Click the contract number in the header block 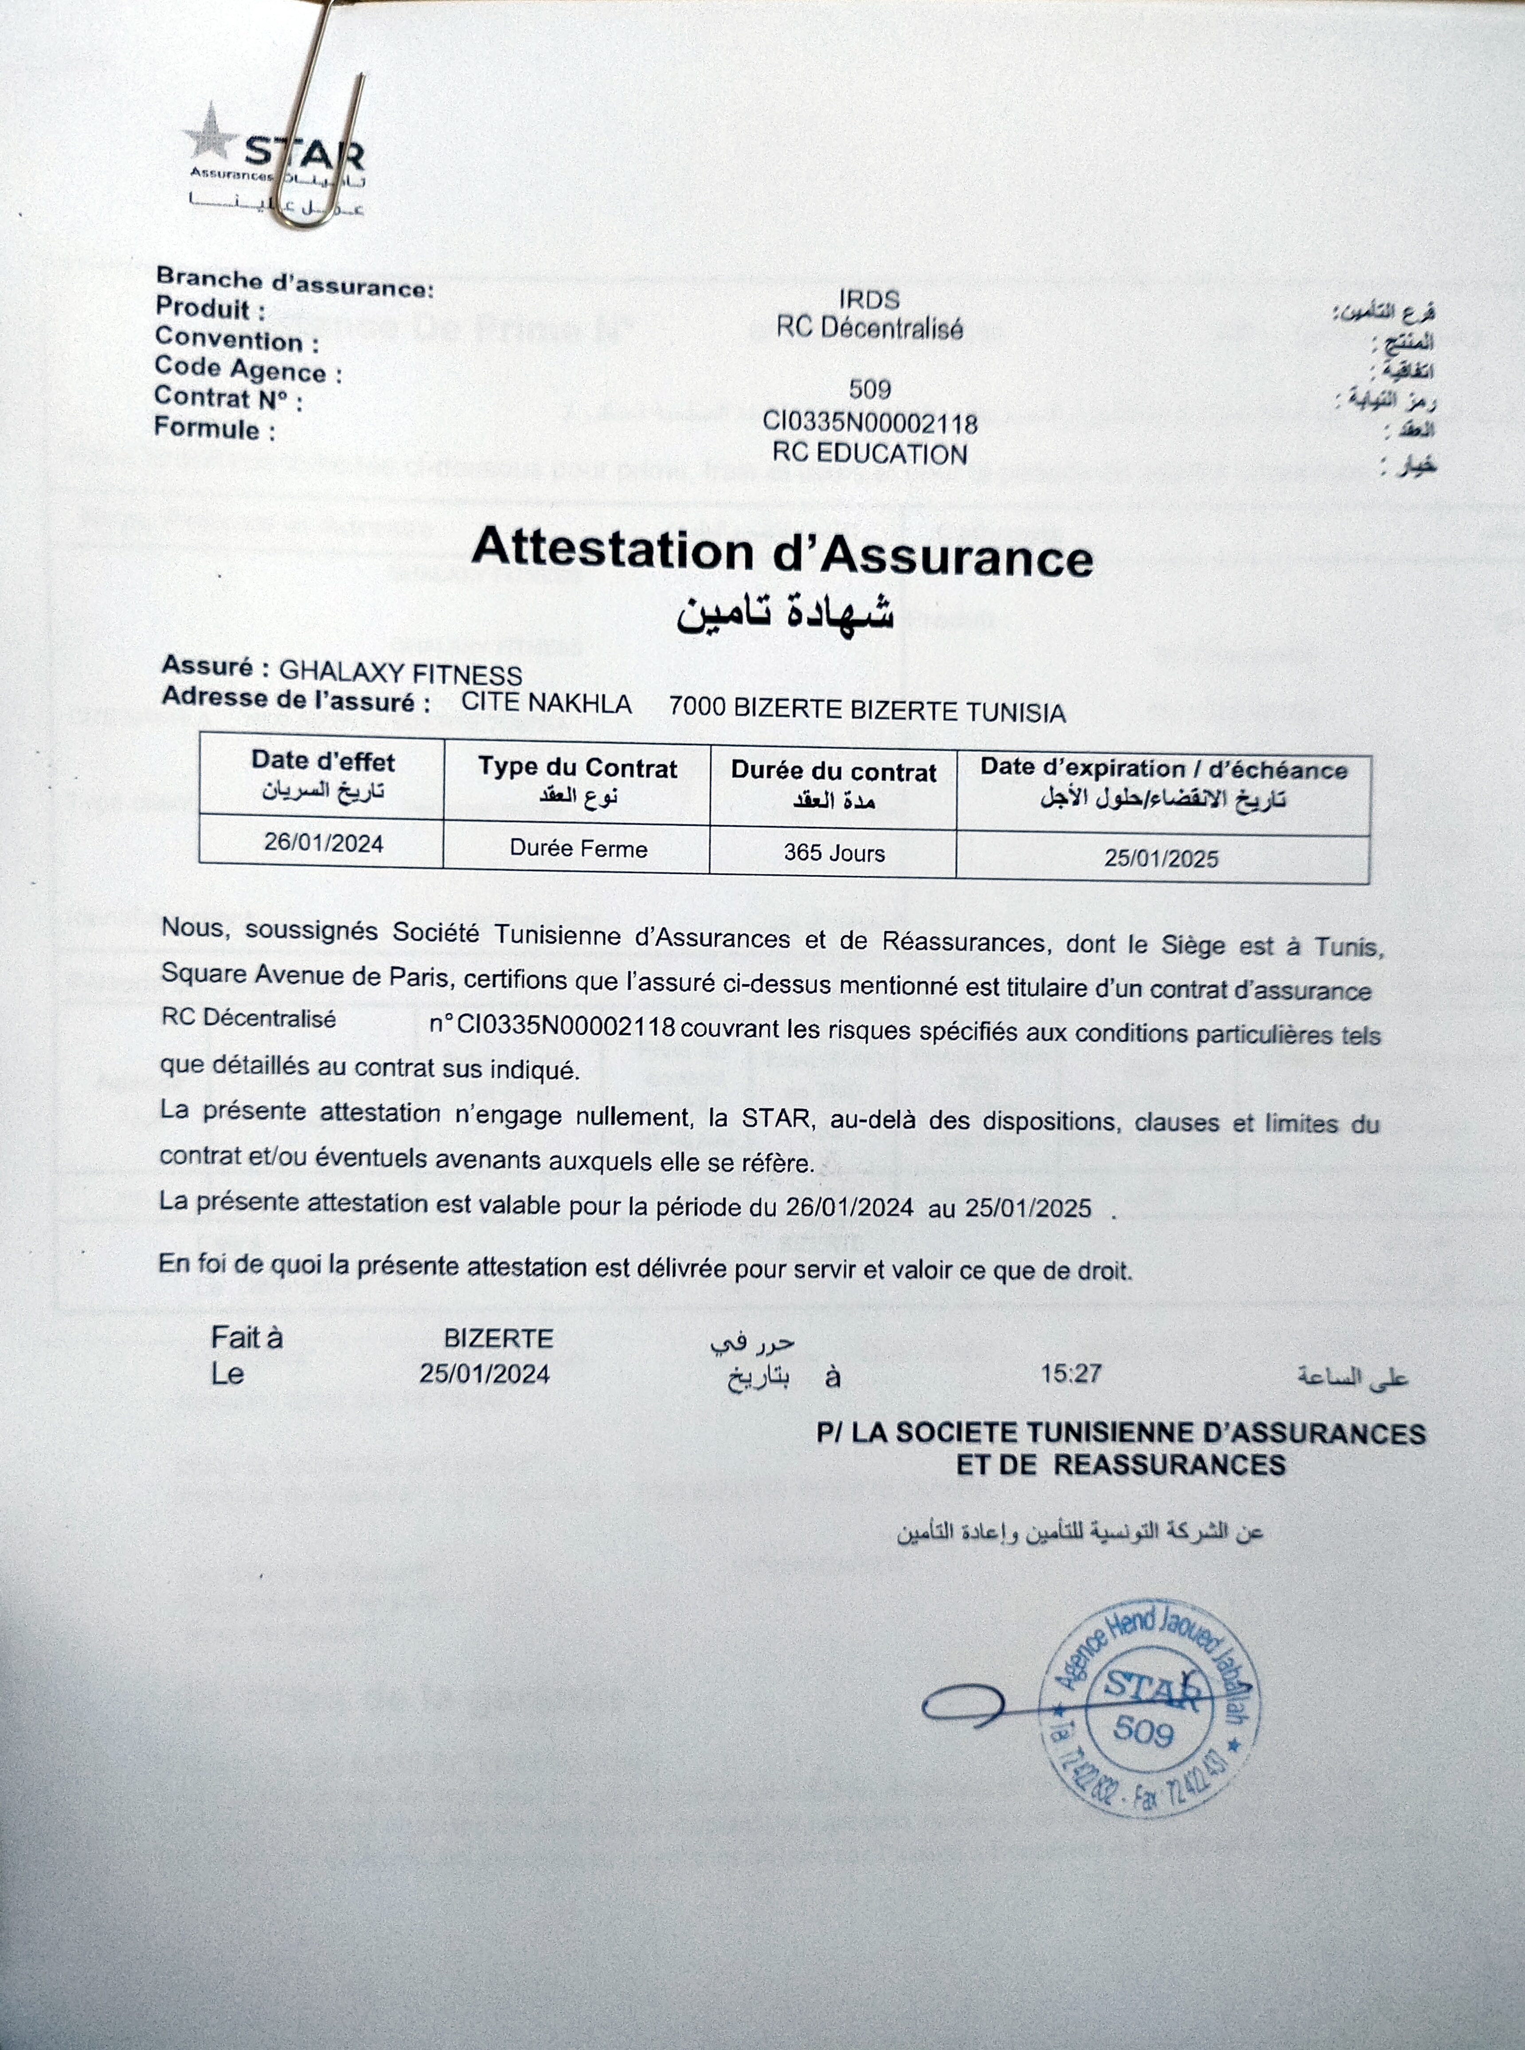870,424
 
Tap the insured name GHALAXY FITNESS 401,675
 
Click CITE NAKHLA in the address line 547,704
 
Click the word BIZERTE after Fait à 498,1338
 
